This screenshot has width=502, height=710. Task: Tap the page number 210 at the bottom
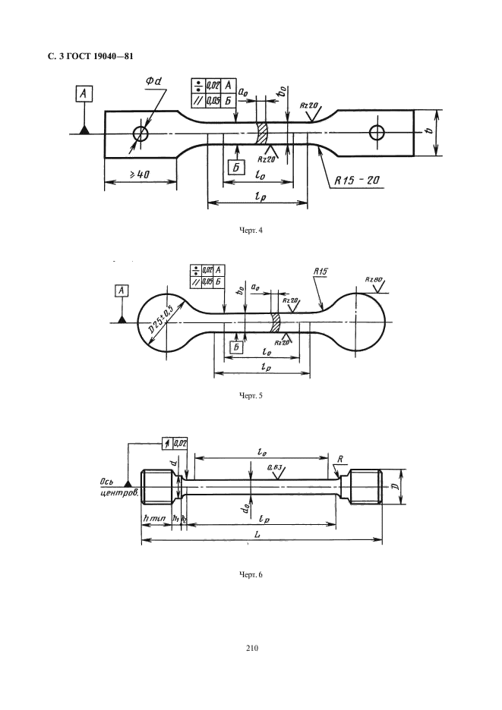pyautogui.click(x=252, y=648)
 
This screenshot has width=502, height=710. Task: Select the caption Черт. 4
pyautogui.click(x=251, y=231)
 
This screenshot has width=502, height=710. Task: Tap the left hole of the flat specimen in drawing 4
pyautogui.click(x=140, y=134)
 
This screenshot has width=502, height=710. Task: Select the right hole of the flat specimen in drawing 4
pyautogui.click(x=377, y=134)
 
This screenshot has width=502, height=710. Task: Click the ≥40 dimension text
pyautogui.click(x=137, y=175)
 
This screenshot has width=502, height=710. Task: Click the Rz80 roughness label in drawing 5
pyautogui.click(x=374, y=280)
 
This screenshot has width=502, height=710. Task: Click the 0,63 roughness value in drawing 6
pyautogui.click(x=277, y=469)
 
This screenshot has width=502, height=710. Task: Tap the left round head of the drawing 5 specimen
pyautogui.click(x=163, y=322)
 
